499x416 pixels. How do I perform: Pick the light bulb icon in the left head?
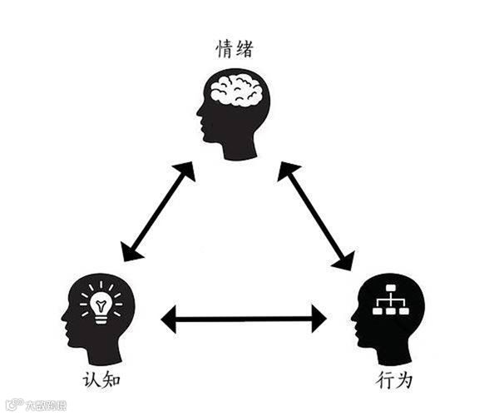coord(101,305)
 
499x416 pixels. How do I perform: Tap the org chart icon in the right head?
coord(388,301)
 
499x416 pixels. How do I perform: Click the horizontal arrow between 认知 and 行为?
coord(244,318)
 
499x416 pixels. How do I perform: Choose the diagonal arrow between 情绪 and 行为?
coord(315,215)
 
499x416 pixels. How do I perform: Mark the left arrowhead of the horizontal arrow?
coord(170,318)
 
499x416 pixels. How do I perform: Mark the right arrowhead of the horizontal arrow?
coord(318,318)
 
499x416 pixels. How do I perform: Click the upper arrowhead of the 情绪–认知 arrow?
coord(185,174)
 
